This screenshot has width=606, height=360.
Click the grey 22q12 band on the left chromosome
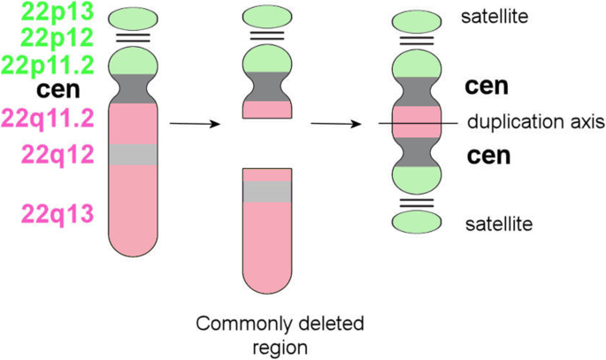[133, 155]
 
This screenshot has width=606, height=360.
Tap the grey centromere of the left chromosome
[133, 89]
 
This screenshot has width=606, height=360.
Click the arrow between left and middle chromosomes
[193, 124]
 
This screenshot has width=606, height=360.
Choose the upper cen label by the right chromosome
[486, 87]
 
